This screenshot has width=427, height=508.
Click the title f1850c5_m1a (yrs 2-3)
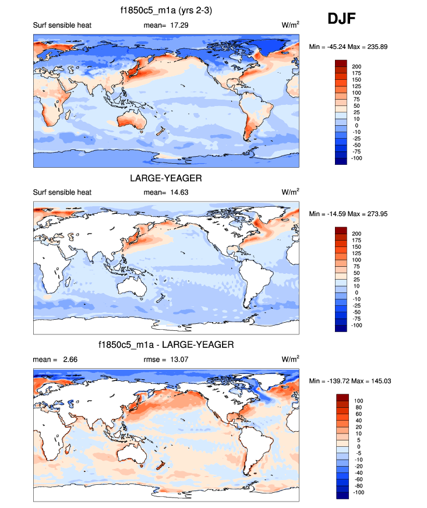(166, 10)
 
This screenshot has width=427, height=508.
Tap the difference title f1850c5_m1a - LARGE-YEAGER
(166, 345)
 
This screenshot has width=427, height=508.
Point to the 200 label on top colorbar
(357, 67)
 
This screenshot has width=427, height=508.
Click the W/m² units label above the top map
(290, 25)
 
